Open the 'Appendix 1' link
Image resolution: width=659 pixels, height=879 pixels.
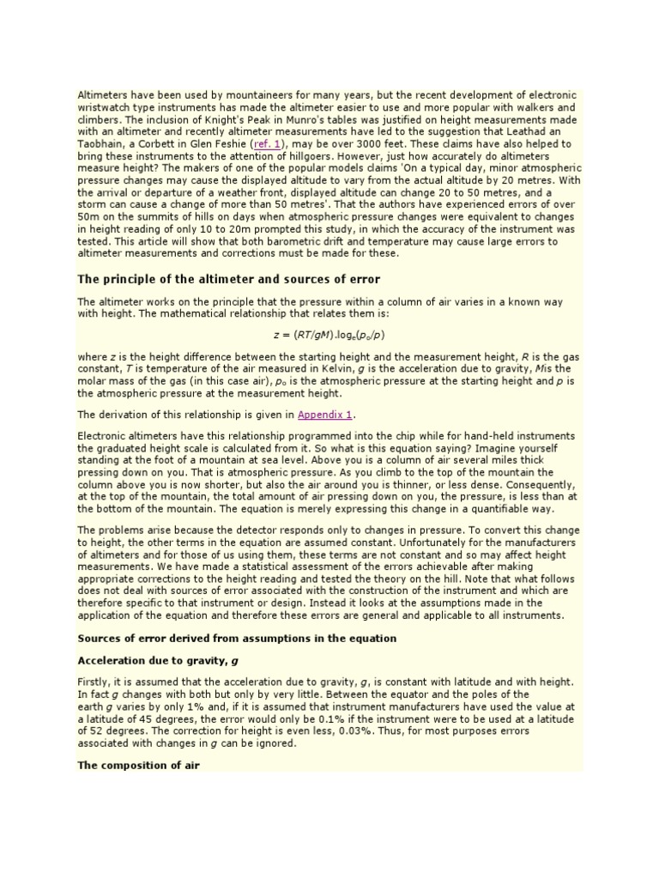point(325,415)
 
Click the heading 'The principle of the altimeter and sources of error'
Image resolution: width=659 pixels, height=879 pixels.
point(228,279)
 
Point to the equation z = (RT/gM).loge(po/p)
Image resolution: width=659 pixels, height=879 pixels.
point(329,334)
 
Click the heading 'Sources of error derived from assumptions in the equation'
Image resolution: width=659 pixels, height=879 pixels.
point(237,638)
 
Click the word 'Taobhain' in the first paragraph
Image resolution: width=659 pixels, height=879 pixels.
point(101,144)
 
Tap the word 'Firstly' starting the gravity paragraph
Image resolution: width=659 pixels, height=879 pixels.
point(94,682)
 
